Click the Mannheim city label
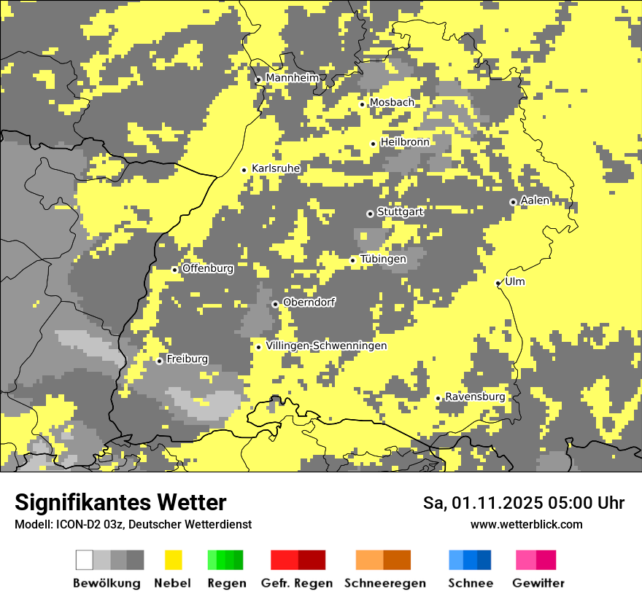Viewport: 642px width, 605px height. click(292, 78)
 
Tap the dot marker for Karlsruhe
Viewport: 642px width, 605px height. click(244, 170)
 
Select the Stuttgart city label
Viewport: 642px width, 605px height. click(400, 212)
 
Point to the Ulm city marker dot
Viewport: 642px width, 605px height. click(498, 284)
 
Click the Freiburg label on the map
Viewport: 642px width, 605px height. click(187, 359)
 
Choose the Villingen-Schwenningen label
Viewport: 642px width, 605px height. click(326, 346)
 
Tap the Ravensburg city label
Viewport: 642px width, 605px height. click(475, 397)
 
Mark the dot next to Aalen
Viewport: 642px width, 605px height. click(513, 202)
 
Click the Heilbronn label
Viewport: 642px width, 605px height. click(405, 142)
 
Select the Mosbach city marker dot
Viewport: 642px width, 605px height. click(362, 104)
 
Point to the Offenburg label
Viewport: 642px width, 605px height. click(208, 268)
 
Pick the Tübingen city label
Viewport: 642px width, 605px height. click(383, 259)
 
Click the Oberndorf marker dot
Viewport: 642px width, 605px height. click(275, 304)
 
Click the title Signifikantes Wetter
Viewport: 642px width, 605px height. click(120, 503)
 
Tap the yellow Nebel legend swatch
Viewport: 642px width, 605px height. click(173, 560)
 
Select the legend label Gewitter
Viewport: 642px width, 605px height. click(538, 583)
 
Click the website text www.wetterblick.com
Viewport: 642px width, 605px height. click(527, 524)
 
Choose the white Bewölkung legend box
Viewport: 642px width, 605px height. click(85, 560)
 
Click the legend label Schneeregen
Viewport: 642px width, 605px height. click(385, 583)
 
